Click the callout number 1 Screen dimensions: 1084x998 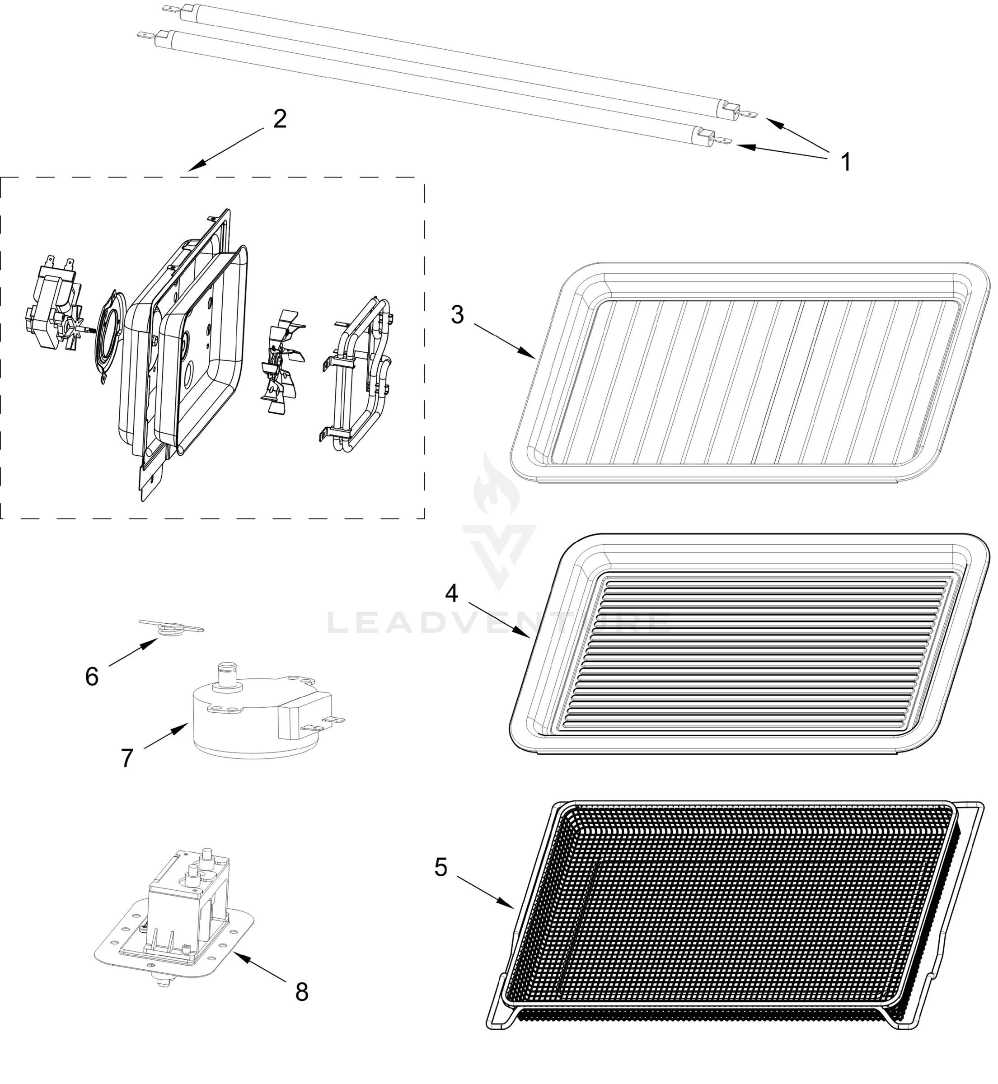pyautogui.click(x=846, y=162)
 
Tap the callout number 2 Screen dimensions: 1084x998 pyautogui.click(x=280, y=119)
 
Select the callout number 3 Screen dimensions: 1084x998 pyautogui.click(x=457, y=315)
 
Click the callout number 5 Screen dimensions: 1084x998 pyautogui.click(x=440, y=868)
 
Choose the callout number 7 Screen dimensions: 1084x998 pyautogui.click(x=127, y=758)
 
